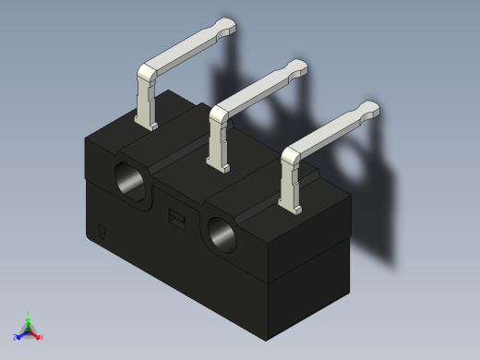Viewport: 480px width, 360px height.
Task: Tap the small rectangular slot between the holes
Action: point(175,217)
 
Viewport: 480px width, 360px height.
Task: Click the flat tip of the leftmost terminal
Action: point(226,27)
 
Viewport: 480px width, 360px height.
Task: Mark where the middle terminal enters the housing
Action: point(222,167)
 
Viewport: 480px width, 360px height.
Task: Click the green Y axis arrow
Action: point(29,319)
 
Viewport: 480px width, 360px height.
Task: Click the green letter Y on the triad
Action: point(29,313)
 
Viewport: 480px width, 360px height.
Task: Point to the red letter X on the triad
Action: point(42,338)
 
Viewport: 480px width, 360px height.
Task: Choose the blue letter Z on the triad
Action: point(16,337)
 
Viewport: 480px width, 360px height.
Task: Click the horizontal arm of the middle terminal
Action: point(258,92)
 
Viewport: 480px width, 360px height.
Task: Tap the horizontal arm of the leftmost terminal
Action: point(185,51)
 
